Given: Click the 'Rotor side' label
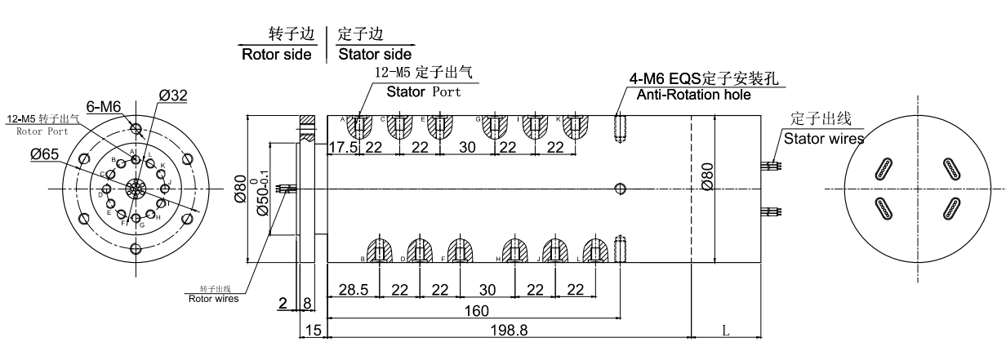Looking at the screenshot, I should tap(276, 55).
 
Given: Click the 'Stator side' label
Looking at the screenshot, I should tap(370, 55).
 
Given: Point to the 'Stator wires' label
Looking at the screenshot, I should tap(824, 139).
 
